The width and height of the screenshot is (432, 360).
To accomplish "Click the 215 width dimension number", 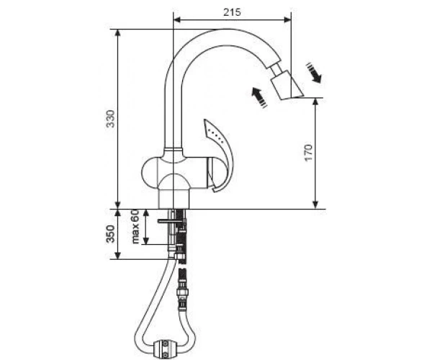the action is point(232,12).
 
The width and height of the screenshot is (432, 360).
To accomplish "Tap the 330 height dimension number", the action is point(111,119).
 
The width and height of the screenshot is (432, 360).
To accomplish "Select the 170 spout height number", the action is point(309,153).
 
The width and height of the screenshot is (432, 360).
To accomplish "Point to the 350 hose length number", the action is point(111,234).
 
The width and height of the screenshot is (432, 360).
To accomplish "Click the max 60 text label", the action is point(136,226).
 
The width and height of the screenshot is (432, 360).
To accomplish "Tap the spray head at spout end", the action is point(287,85).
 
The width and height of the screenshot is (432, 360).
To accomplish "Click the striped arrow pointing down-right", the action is point(313,73).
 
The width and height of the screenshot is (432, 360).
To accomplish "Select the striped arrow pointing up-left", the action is point(259,97).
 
